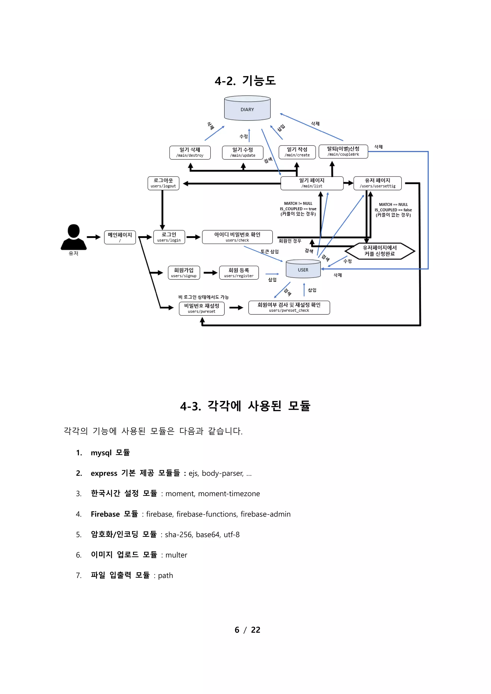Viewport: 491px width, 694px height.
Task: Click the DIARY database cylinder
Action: pyautogui.click(x=247, y=109)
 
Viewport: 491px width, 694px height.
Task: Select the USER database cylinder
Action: pyautogui.click(x=303, y=269)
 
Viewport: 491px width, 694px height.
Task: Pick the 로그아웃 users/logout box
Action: pyautogui.click(x=163, y=183)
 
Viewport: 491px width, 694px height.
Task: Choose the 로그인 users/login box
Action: pyautogui.click(x=169, y=237)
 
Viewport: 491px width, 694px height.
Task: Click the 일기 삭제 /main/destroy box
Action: pyautogui.click(x=190, y=152)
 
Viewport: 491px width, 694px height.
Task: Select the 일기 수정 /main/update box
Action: pyautogui.click(x=242, y=152)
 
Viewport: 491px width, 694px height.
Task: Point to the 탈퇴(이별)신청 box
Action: pyautogui.click(x=343, y=151)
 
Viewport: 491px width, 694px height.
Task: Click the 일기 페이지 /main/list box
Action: pyautogui.click(x=312, y=183)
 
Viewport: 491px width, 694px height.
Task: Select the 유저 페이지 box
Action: pyautogui.click(x=377, y=183)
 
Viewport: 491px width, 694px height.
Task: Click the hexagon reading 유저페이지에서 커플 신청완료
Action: pyautogui.click(x=380, y=251)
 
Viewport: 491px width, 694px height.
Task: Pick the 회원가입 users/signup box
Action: pyautogui.click(x=184, y=273)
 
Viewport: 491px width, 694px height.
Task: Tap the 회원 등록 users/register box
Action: pyautogui.click(x=239, y=273)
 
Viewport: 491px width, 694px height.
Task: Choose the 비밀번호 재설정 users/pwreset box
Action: pyautogui.click(x=202, y=309)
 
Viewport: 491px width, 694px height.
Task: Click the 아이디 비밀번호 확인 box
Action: pyautogui.click(x=237, y=237)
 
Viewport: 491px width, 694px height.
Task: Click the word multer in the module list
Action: pyautogui.click(x=176, y=555)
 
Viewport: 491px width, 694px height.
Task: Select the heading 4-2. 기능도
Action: pyautogui.click(x=245, y=81)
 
